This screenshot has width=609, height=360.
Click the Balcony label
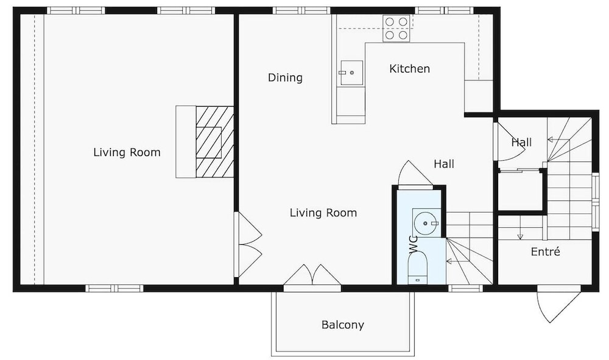[x=342, y=325]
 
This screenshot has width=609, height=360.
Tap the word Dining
[x=285, y=78]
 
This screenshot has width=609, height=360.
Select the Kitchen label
[x=409, y=69]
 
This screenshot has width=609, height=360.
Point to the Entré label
[x=545, y=252]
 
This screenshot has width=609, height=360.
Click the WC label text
[x=414, y=244]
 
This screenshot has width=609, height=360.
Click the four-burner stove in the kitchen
[x=396, y=29]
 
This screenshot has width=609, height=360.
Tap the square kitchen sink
[x=351, y=72]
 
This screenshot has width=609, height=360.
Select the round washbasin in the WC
[x=425, y=224]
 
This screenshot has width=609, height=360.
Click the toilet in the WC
[x=418, y=269]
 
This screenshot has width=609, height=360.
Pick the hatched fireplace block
[x=214, y=142]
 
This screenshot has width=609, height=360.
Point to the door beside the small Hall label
[x=510, y=142]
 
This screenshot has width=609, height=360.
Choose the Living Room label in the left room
[x=127, y=152]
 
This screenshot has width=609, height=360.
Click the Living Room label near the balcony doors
[x=323, y=213]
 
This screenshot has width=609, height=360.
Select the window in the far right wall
[x=596, y=202]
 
